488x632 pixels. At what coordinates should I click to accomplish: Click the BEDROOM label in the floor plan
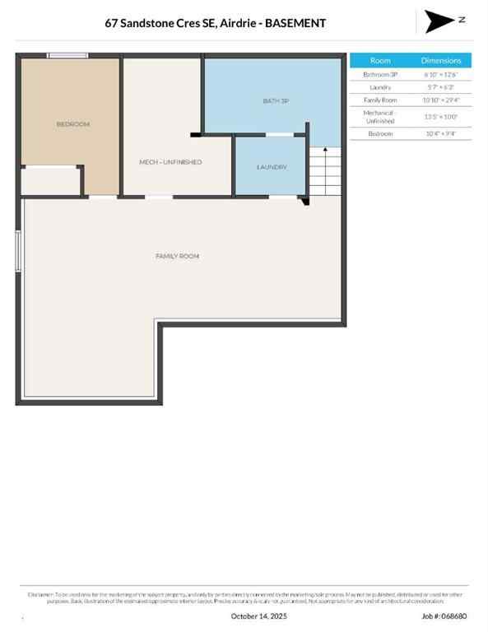[x=72, y=124]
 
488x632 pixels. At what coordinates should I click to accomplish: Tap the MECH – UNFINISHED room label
[x=170, y=162]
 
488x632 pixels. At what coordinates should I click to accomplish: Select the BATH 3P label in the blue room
[x=276, y=101]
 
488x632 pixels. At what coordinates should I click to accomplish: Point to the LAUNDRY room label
[x=272, y=167]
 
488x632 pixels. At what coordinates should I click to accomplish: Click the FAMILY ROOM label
[x=177, y=257]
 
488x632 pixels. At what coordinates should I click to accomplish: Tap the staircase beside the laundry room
[x=325, y=171]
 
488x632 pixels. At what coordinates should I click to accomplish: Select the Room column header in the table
[x=380, y=60]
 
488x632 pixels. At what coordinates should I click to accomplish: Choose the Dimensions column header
[x=442, y=60]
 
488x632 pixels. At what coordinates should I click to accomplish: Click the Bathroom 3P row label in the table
[x=380, y=74]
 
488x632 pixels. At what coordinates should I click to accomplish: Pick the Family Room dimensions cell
[x=442, y=100]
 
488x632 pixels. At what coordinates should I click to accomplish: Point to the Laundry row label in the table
[x=380, y=87]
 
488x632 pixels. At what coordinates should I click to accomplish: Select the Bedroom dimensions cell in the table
[x=442, y=133]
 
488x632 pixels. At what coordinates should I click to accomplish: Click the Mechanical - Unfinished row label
[x=380, y=116]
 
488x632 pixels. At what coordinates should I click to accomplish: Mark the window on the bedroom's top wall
[x=67, y=55]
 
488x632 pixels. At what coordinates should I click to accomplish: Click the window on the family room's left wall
[x=19, y=251]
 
